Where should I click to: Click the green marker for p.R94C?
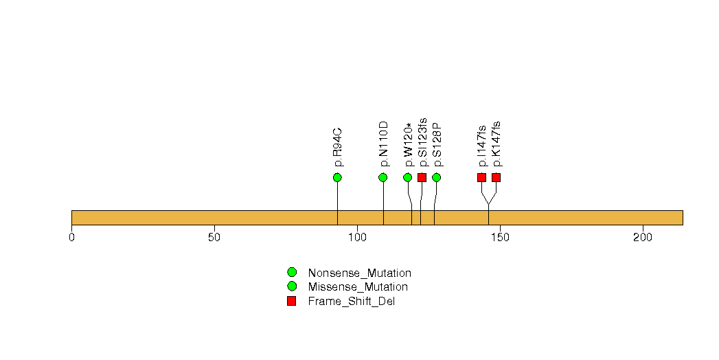click(x=337, y=178)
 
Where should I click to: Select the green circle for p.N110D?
click(x=383, y=178)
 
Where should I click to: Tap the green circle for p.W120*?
click(x=408, y=178)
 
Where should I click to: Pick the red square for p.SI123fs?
click(x=422, y=178)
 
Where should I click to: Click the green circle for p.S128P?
click(x=436, y=178)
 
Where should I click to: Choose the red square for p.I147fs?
click(x=481, y=178)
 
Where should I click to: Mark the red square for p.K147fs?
click(x=496, y=178)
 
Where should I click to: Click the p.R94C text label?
click(x=338, y=147)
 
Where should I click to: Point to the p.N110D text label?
click(x=384, y=144)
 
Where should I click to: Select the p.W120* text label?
click(x=409, y=144)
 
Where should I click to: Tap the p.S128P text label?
click(x=437, y=144)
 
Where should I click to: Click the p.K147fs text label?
click(x=497, y=144)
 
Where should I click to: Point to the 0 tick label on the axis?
click(x=71, y=237)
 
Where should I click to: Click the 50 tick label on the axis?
click(x=214, y=237)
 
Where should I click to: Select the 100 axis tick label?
click(x=357, y=237)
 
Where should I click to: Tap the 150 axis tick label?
click(x=500, y=237)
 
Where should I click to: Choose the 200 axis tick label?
click(x=643, y=237)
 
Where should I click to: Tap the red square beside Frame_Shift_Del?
click(x=292, y=301)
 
